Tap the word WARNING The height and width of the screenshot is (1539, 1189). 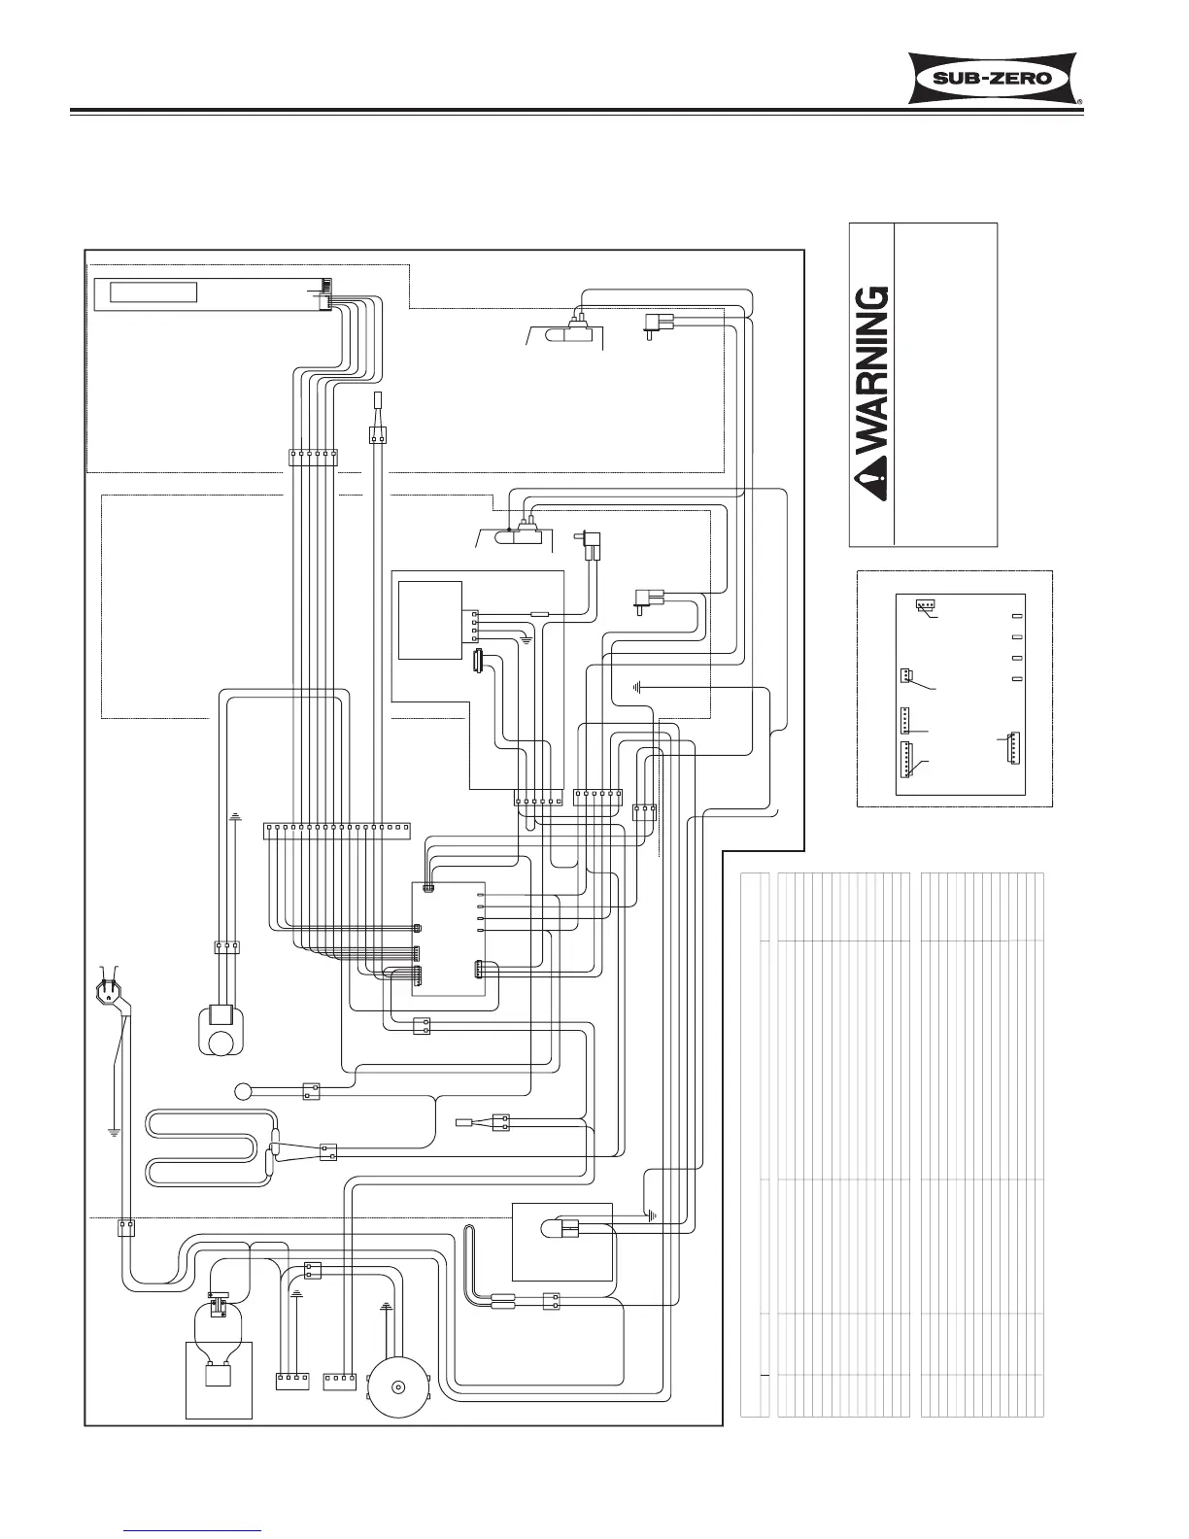[x=871, y=368]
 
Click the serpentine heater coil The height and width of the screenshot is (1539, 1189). [x=209, y=1147]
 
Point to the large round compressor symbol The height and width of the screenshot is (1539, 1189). [x=395, y=1384]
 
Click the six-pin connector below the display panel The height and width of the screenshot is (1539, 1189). [x=312, y=457]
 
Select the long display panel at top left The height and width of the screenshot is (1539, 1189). [x=213, y=292]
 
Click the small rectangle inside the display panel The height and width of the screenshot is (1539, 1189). [x=153, y=291]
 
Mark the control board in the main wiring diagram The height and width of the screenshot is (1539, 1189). [x=448, y=938]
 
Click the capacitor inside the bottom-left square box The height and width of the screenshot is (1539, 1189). [x=219, y=1377]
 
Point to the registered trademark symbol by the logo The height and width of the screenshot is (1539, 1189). [x=1080, y=102]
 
